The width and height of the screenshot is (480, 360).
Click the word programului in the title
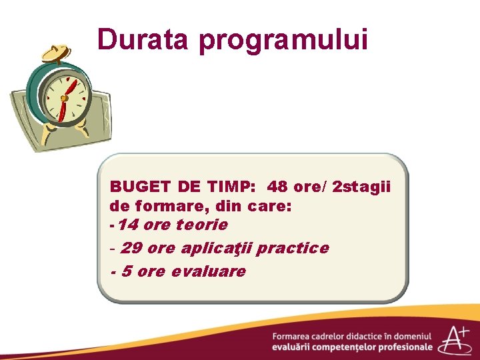point(284,41)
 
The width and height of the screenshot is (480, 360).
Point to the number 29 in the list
point(131,248)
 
